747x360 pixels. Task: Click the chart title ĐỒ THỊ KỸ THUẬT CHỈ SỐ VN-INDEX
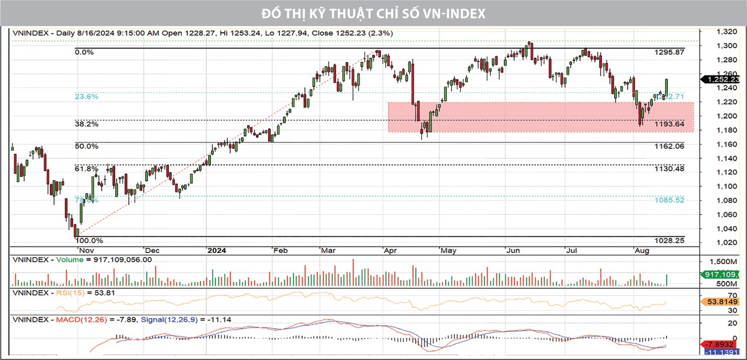374,13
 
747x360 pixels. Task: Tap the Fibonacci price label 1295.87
670,53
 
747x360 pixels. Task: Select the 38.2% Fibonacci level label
87,124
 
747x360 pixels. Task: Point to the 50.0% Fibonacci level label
87,146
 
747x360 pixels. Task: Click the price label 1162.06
670,146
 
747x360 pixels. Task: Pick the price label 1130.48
670,169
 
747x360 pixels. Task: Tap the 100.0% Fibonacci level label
89,240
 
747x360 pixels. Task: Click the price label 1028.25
670,240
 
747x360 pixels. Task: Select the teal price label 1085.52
670,200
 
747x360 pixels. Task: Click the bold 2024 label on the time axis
216,250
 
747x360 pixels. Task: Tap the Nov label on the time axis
82,250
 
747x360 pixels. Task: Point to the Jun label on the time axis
513,250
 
